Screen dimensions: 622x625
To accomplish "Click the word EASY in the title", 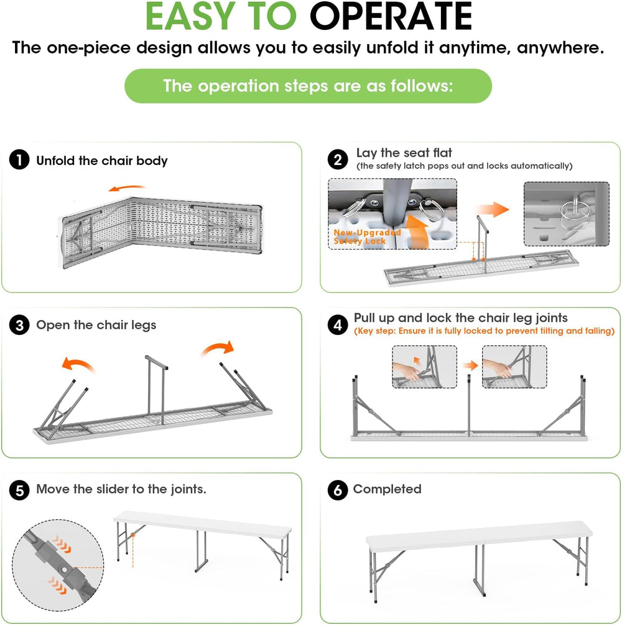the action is [x=190, y=16].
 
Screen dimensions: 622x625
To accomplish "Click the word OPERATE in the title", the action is [x=391, y=16].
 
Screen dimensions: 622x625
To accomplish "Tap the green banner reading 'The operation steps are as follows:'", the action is [x=309, y=86].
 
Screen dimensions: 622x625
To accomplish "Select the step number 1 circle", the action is [x=19, y=160].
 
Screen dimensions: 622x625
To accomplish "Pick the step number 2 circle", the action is [x=338, y=160].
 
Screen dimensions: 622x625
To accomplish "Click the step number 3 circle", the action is [x=19, y=325].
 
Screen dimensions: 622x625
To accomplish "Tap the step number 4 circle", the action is [x=338, y=325].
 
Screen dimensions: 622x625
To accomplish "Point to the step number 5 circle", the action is [x=19, y=490].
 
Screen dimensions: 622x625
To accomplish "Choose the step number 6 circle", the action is [x=338, y=490].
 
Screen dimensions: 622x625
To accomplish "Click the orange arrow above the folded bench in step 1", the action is [x=127, y=187].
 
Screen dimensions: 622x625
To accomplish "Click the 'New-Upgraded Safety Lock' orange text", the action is [x=367, y=237].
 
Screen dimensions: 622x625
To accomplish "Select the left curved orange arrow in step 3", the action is [x=78, y=364].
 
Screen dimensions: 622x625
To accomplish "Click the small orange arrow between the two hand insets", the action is [x=470, y=365].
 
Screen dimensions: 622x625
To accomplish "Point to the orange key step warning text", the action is [x=484, y=331].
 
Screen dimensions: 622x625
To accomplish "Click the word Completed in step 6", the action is [x=387, y=489].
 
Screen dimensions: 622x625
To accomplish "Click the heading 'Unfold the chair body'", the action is [x=102, y=161].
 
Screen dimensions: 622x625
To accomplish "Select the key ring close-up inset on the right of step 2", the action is [x=566, y=214].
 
